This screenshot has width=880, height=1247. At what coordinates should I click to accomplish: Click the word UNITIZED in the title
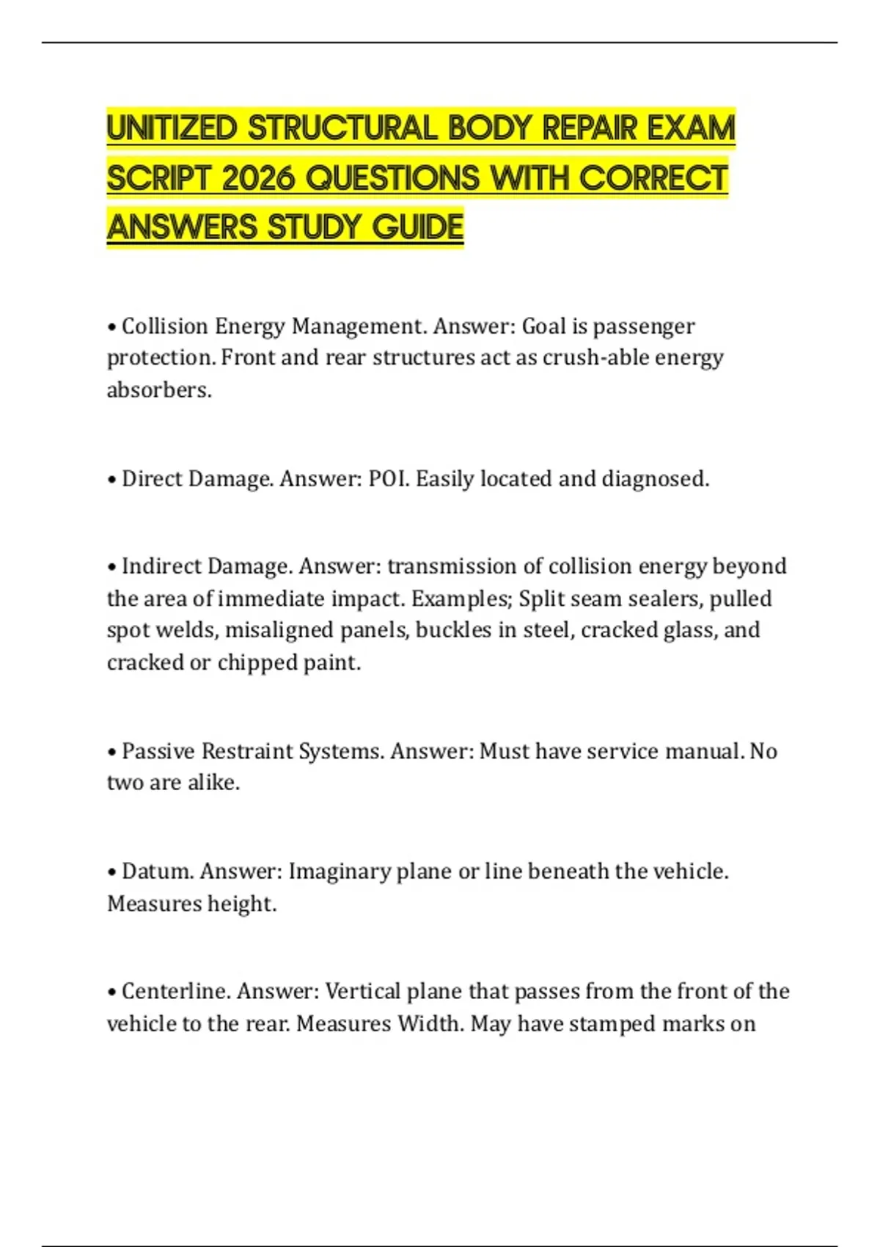pos(173,129)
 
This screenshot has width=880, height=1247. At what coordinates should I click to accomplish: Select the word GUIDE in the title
pos(417,227)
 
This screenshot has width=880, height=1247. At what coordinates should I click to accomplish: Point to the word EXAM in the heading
pos(691,129)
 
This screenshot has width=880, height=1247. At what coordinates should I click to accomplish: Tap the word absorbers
pos(158,390)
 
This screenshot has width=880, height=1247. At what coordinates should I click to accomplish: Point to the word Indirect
pos(161,566)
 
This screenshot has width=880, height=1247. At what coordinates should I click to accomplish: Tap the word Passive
pos(158,751)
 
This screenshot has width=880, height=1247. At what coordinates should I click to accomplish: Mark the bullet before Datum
pos(112,872)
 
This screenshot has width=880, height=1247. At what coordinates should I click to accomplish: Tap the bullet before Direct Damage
pos(112,480)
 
